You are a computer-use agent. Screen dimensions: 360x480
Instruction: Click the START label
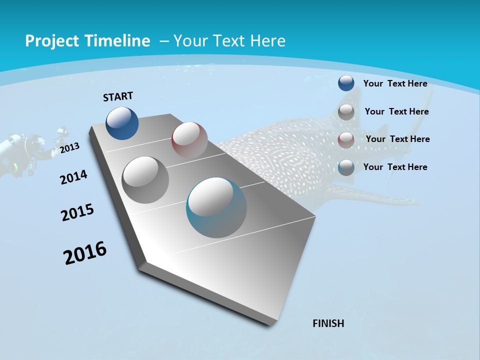[118, 96]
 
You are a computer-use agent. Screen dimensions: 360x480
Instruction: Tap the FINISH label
[328, 323]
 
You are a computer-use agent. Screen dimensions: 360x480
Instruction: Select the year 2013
[69, 148]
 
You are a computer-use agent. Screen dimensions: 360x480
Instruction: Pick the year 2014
[73, 177]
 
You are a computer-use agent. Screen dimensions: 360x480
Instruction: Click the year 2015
[77, 212]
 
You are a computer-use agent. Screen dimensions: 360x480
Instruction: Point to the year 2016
[85, 253]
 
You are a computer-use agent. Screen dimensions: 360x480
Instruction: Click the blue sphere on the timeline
[122, 123]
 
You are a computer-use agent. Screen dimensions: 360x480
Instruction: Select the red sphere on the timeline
[189, 139]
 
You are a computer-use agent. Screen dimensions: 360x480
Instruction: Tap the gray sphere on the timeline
[145, 179]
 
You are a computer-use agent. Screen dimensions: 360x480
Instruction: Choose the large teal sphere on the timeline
[216, 207]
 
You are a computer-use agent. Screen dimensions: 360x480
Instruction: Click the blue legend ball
[346, 83]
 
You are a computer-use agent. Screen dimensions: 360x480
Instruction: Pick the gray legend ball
[346, 112]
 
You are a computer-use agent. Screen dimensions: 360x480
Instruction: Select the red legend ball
[346, 140]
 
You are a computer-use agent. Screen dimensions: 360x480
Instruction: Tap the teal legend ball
[346, 167]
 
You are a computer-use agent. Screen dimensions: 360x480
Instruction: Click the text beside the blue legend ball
[395, 83]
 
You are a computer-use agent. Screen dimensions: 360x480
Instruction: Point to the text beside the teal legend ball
[395, 167]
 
